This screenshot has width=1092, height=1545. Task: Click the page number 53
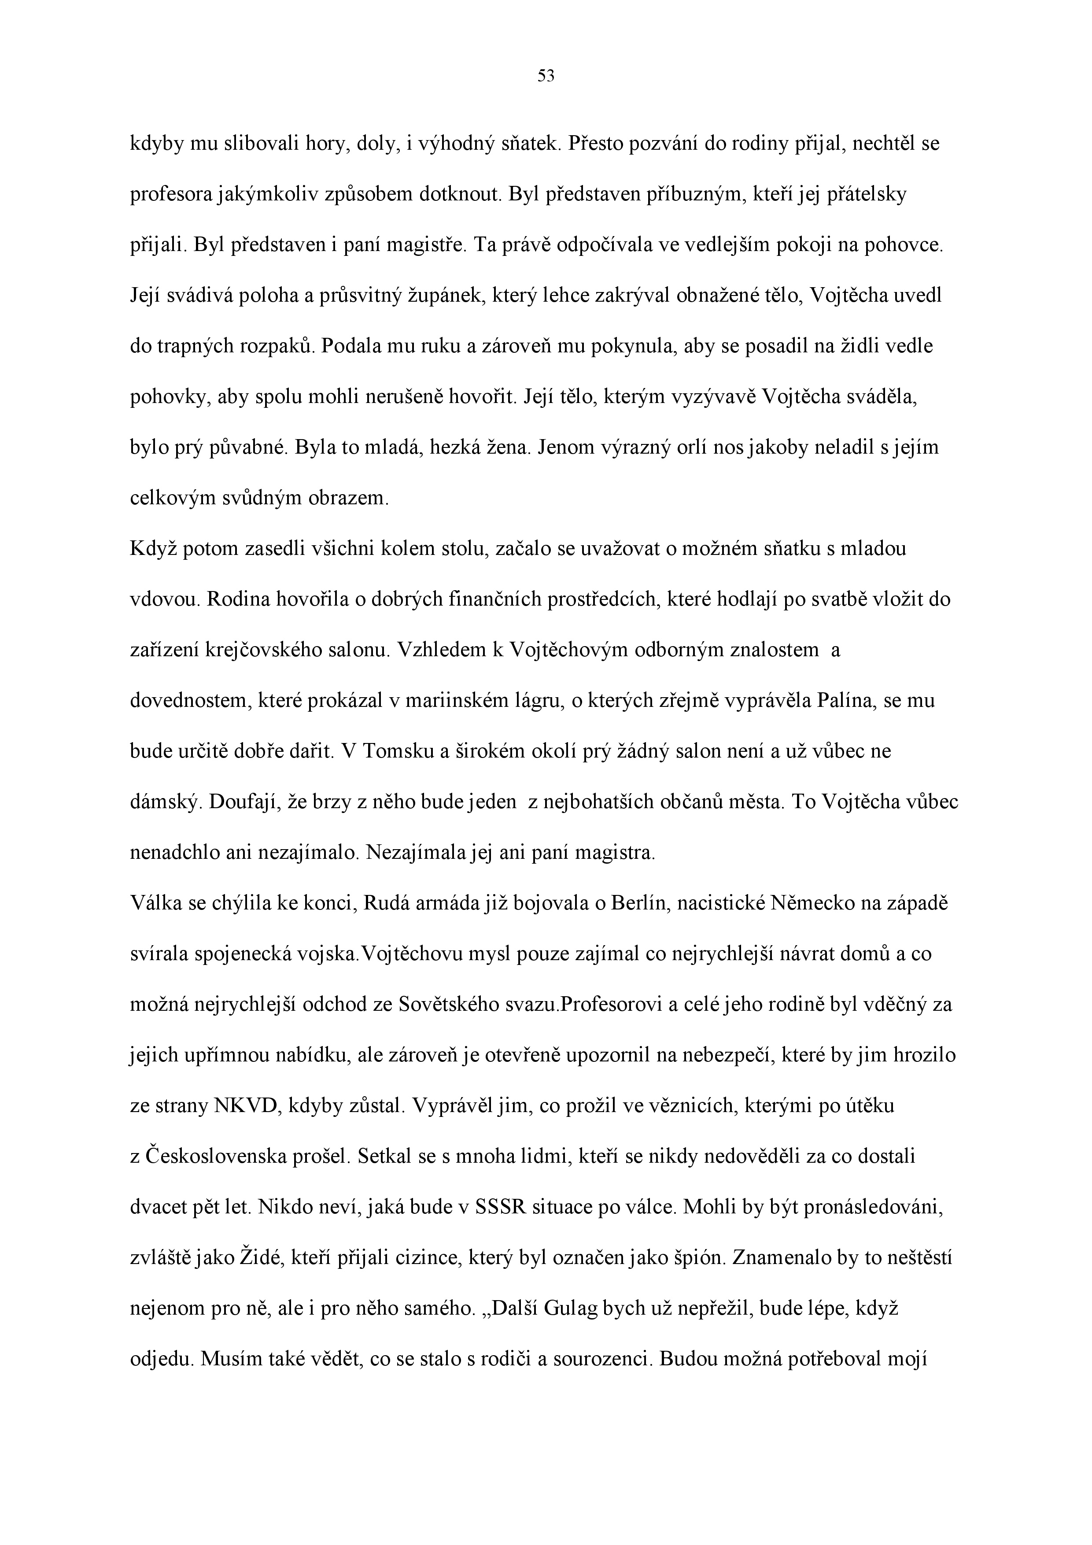click(x=546, y=77)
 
